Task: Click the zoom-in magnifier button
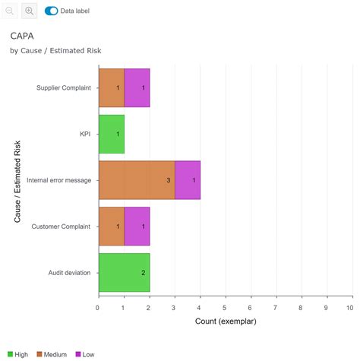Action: (x=30, y=11)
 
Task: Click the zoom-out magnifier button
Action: (x=10, y=11)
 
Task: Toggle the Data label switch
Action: (x=52, y=11)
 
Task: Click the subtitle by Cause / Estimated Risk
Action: (x=55, y=50)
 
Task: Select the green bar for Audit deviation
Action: (x=124, y=272)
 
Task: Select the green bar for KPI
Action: (x=111, y=134)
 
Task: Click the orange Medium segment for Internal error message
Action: (x=137, y=180)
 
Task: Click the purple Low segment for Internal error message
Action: (x=188, y=180)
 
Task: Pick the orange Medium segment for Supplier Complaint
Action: (x=111, y=87)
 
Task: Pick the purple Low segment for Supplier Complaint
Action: (x=137, y=87)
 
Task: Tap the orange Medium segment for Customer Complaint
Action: (x=111, y=226)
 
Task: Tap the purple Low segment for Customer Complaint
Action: (x=137, y=226)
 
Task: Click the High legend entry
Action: (x=18, y=354)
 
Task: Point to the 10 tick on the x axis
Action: (x=349, y=308)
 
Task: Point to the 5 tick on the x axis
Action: (x=225, y=308)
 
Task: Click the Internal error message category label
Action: (x=58, y=180)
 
